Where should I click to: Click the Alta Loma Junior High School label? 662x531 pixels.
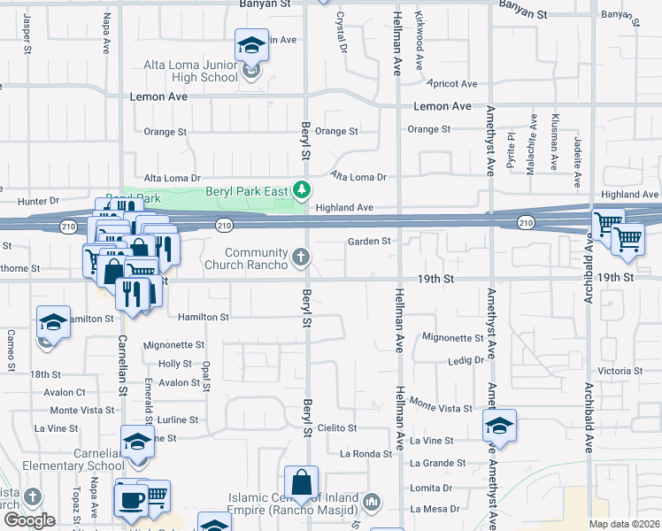coord(191,71)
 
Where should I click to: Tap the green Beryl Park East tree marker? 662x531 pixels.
coord(302,189)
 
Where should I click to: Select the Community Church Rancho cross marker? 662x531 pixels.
coord(301,258)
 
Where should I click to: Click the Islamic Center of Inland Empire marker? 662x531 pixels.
coord(372,503)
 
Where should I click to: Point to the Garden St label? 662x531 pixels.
coord(368,241)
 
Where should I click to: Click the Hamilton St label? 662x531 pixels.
coord(203,316)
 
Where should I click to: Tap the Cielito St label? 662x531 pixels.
coord(336,427)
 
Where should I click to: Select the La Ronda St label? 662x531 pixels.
coord(366,454)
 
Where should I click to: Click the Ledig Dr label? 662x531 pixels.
coord(466,360)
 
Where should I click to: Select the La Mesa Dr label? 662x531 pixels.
coord(435,509)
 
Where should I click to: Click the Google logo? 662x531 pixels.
coord(29,520)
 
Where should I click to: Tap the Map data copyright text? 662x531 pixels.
coord(624,524)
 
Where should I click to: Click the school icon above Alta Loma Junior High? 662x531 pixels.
coord(251,45)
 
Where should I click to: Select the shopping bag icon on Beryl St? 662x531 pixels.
coord(301,483)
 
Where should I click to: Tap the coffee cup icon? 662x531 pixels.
coord(132,499)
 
